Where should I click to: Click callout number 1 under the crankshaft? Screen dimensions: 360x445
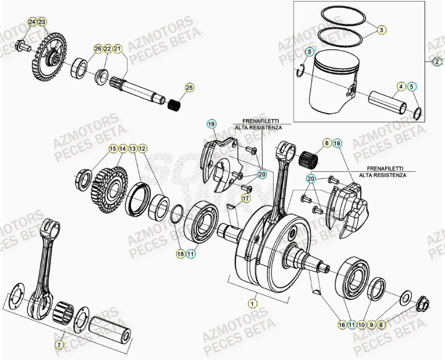252,303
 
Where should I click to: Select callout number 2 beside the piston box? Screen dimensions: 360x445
437,62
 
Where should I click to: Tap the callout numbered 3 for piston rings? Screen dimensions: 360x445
381,30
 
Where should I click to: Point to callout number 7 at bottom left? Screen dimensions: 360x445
60,345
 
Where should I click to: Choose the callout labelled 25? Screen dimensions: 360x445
189,87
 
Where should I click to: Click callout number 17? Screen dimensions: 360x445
326,144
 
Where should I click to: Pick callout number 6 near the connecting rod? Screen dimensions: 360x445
326,144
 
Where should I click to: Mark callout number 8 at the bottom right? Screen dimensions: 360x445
381,324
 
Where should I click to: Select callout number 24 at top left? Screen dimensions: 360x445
32,22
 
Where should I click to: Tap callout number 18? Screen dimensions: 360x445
181,253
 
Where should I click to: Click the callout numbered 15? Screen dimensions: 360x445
113,149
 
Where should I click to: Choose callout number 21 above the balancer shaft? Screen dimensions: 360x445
118,49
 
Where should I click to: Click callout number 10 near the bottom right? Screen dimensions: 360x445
361,324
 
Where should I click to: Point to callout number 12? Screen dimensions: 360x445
142,149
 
